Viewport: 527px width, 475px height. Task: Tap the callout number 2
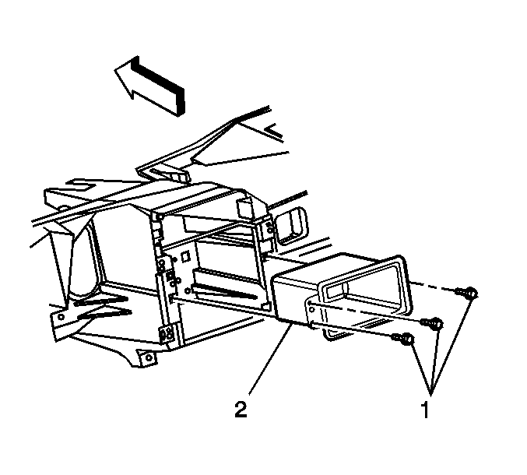(241, 409)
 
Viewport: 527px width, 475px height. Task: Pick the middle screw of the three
(432, 323)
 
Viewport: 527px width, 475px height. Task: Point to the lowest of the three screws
(403, 339)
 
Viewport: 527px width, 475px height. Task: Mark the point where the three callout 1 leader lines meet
(431, 392)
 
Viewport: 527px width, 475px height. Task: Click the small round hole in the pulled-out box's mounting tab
(310, 303)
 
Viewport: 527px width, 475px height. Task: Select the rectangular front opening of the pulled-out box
(364, 287)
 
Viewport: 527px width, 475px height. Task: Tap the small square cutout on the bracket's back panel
(184, 258)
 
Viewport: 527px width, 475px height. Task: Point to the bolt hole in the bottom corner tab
(147, 357)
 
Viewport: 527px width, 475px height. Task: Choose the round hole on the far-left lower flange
(61, 317)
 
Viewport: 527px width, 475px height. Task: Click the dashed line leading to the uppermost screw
(434, 287)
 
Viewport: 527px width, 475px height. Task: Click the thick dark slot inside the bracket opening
(223, 291)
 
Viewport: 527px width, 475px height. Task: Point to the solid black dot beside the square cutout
(175, 259)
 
